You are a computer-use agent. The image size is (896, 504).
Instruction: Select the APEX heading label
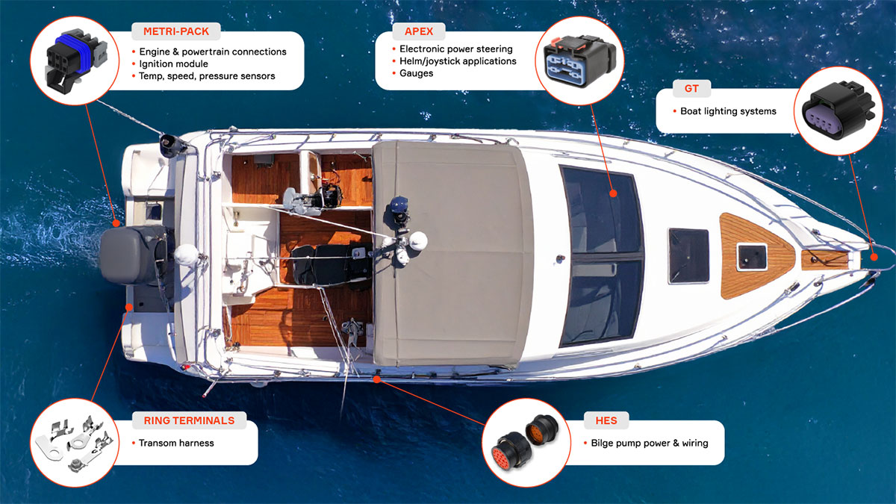[419, 31]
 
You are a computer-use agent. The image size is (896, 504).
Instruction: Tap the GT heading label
[691, 89]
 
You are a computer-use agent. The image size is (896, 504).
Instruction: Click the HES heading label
[606, 420]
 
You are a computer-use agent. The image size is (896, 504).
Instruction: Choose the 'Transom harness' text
[176, 443]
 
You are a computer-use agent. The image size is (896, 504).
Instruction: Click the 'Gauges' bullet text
[416, 73]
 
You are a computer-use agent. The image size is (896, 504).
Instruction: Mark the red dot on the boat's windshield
[613, 193]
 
